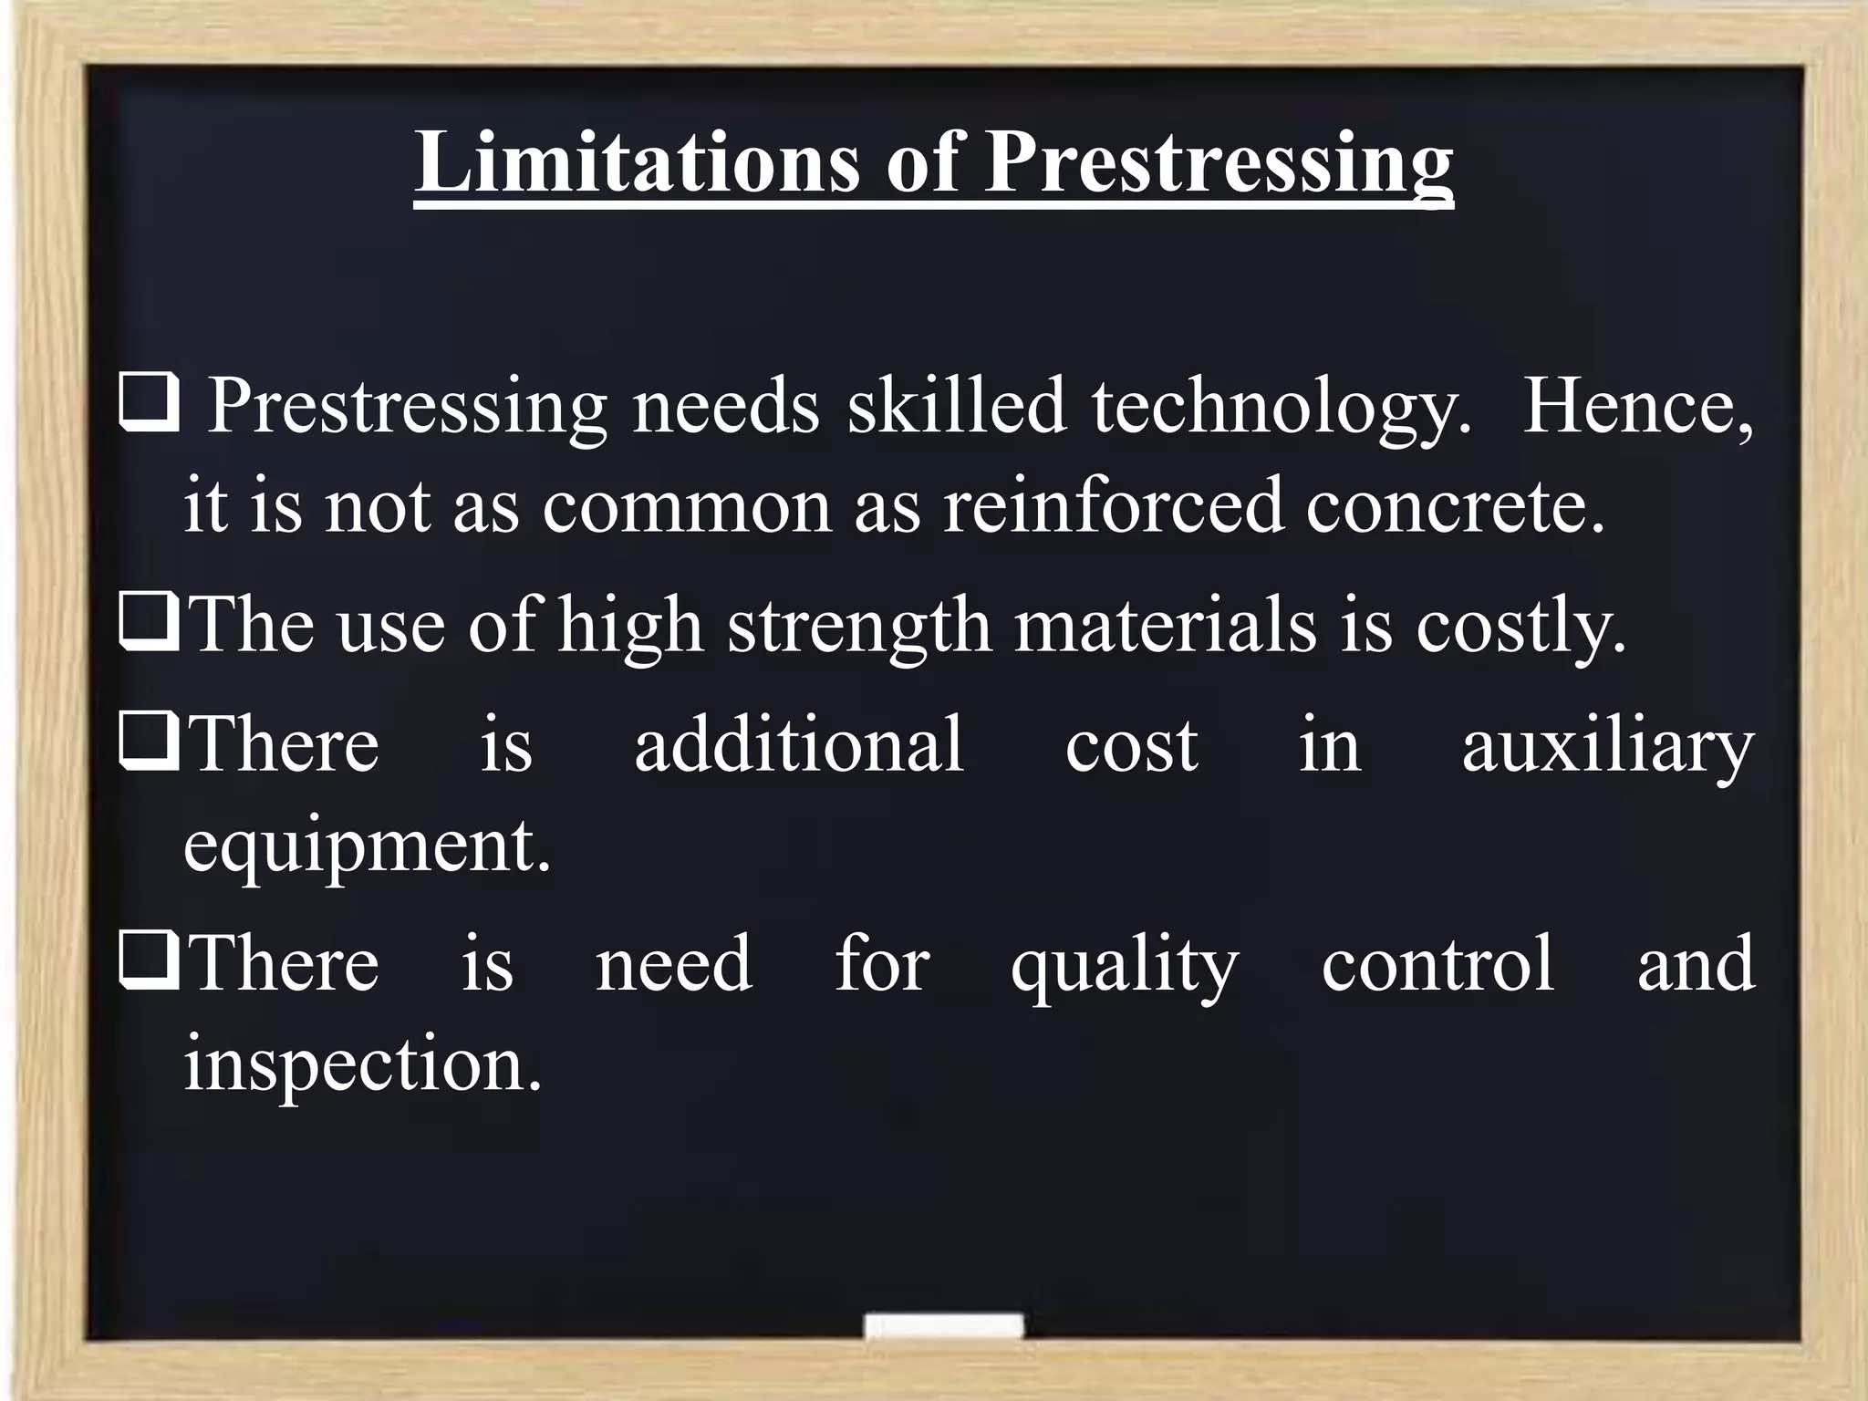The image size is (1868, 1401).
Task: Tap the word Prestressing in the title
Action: click(x=1219, y=164)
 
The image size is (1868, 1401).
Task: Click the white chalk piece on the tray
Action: click(x=944, y=1325)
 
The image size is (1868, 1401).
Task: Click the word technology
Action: click(x=1282, y=407)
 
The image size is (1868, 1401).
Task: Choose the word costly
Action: click(x=1520, y=628)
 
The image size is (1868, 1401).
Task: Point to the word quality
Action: click(x=1125, y=967)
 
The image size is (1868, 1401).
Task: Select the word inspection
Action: click(x=363, y=1065)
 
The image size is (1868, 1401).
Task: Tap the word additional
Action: click(x=799, y=744)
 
